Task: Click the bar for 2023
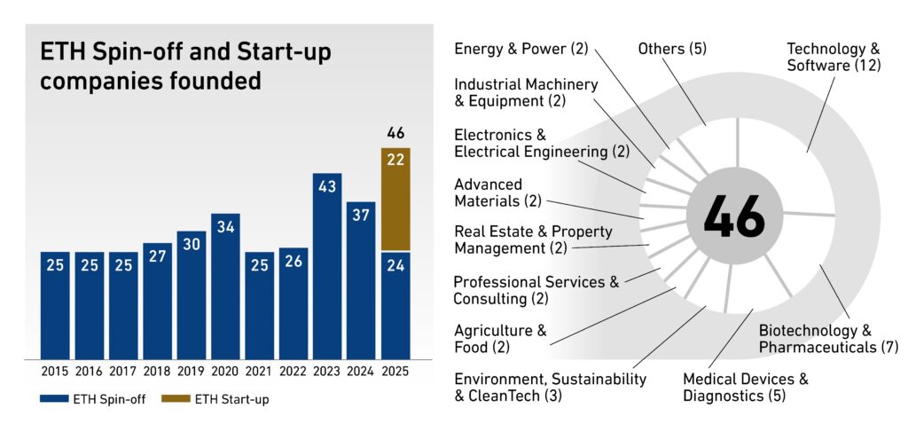pos(327,266)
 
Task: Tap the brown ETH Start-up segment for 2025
pos(395,199)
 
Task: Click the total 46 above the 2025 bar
pos(395,134)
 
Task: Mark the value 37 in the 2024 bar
pos(362,216)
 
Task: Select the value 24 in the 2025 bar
pos(395,265)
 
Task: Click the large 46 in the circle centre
pos(733,216)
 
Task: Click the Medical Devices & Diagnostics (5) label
pos(745,388)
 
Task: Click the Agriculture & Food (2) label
pos(502,338)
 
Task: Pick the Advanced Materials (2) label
pos(497,192)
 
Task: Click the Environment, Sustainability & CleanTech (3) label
pos(550,388)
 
